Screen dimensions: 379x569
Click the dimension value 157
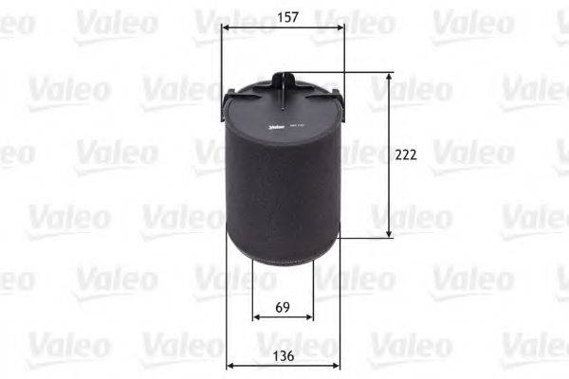point(283,16)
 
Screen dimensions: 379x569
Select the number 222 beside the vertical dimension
point(407,153)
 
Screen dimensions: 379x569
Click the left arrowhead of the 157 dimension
point(225,27)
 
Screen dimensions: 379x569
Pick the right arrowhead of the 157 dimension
point(341,27)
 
